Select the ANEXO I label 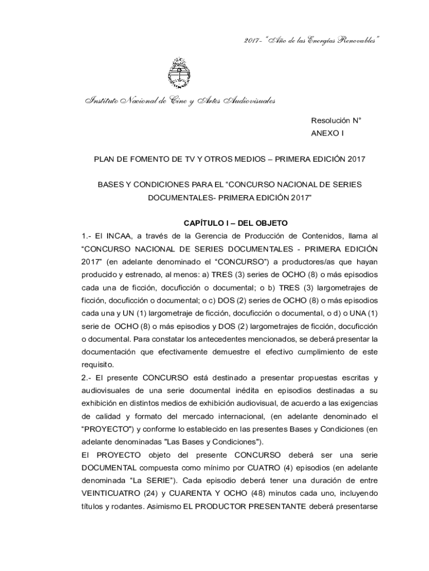pyautogui.click(x=328, y=133)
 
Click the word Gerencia pyautogui.click(x=209, y=236)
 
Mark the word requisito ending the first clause pyautogui.click(x=98, y=365)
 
